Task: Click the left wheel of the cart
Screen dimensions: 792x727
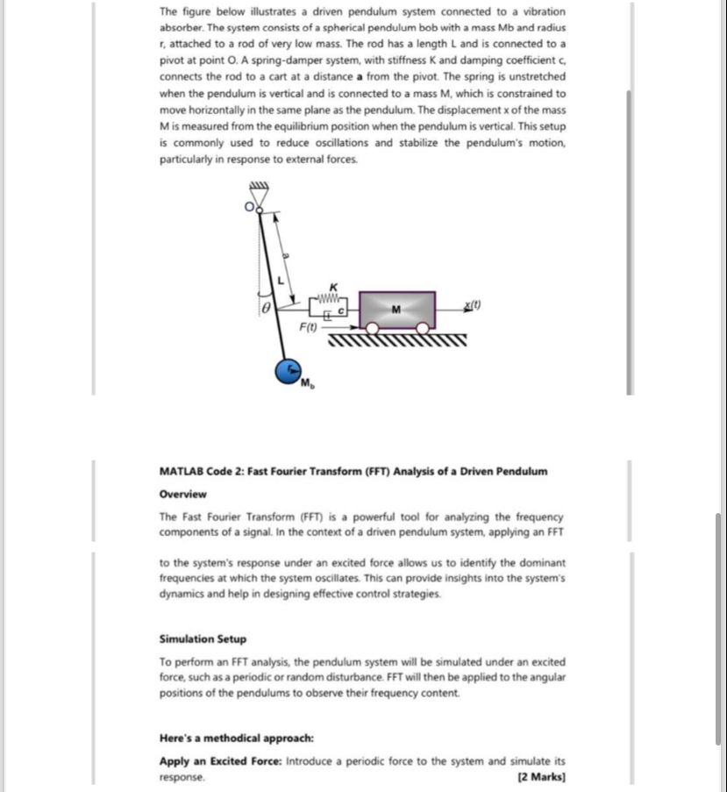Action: tap(372, 329)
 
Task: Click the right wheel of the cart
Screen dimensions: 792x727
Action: tap(423, 329)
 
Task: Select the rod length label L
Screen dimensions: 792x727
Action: tap(282, 280)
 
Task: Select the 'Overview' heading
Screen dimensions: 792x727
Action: tap(183, 494)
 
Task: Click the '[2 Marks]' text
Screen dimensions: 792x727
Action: tap(542, 777)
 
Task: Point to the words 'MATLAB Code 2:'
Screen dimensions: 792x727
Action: tap(202, 471)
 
